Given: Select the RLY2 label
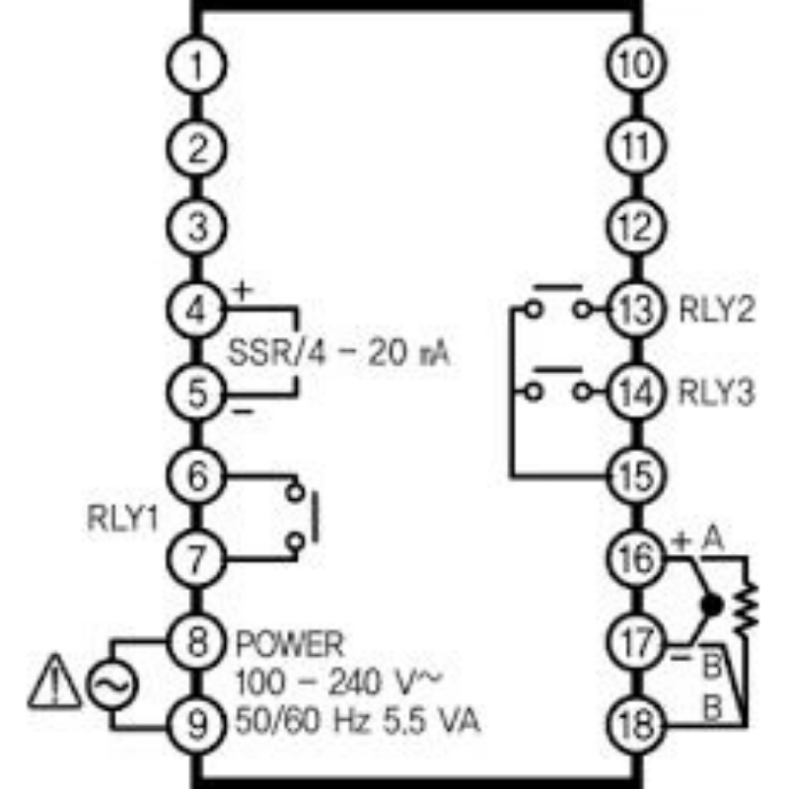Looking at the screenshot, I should coord(717,312).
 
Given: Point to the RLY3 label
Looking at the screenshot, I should coord(717,394).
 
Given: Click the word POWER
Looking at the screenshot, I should coord(290,646).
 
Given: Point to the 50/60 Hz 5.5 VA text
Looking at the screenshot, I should coord(357,722).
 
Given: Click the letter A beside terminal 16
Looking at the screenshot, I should coord(712,540).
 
